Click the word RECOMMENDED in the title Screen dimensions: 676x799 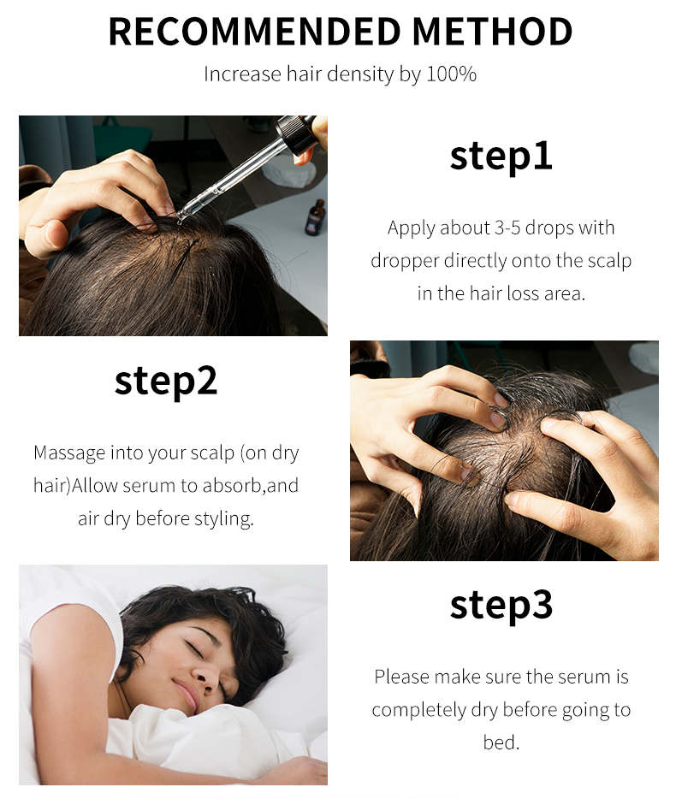[x=254, y=32]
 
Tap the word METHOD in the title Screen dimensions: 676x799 [x=493, y=32]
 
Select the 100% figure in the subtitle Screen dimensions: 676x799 [x=451, y=74]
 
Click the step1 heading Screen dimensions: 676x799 [x=501, y=156]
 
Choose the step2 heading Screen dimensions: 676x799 [x=166, y=381]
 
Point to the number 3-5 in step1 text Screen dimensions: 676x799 [x=507, y=228]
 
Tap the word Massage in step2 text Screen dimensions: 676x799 [x=69, y=453]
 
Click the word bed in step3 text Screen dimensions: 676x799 [x=501, y=742]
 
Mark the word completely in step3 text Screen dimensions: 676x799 [x=419, y=710]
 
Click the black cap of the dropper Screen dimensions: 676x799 [x=296, y=129]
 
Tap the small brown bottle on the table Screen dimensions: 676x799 [x=316, y=217]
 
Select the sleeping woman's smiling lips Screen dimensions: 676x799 [x=186, y=696]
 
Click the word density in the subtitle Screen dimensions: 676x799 [x=359, y=74]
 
